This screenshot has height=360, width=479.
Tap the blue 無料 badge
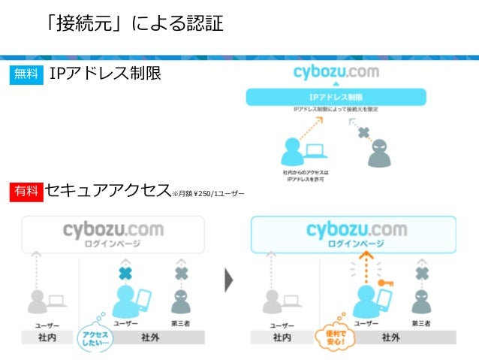tap(26, 74)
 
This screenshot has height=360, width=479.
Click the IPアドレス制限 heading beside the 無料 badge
tap(105, 74)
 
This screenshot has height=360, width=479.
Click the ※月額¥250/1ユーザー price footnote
tap(208, 194)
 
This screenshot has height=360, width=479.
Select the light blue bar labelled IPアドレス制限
tap(336, 97)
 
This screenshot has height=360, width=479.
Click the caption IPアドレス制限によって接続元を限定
tap(336, 110)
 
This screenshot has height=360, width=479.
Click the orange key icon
tap(385, 284)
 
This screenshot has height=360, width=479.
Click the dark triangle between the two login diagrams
tap(229, 280)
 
